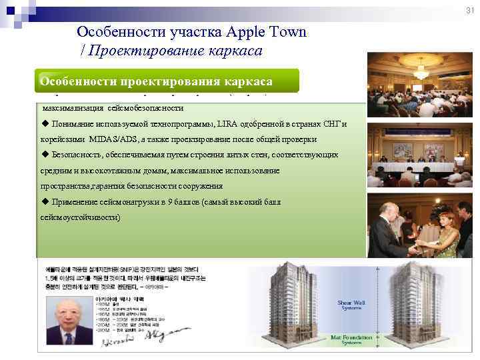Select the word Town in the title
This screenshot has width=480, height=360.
tap(287, 32)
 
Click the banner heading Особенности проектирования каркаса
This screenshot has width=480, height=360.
tap(156, 81)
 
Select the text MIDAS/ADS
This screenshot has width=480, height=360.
tap(103, 139)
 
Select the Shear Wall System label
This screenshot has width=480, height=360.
tap(351, 305)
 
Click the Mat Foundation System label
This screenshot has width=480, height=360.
tap(351, 340)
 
